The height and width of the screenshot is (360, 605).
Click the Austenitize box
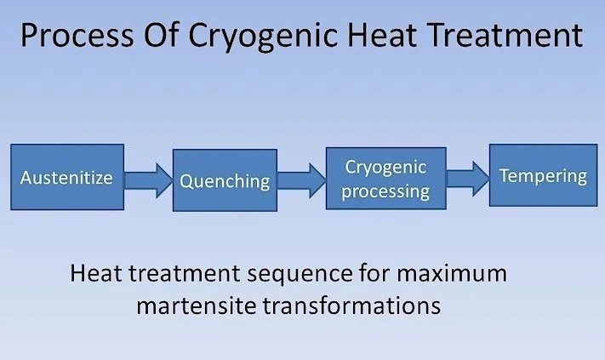[66, 179]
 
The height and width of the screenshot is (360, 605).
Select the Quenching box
[225, 180]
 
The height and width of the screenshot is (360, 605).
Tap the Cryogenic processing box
[385, 179]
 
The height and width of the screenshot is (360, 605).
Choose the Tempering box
[543, 176]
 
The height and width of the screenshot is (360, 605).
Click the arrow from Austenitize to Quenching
[148, 180]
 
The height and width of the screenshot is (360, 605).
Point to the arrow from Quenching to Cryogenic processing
[301, 180]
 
